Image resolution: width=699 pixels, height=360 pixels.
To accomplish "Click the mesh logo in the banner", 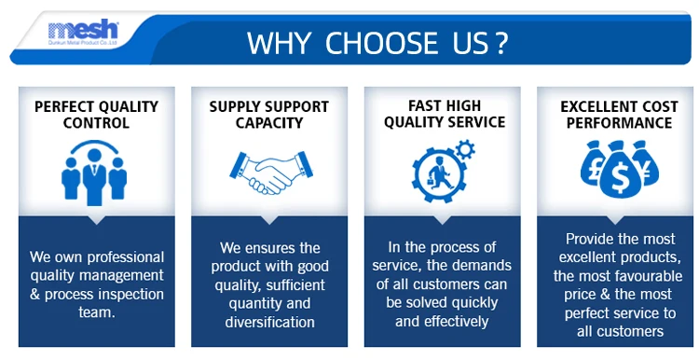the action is pos(83,32).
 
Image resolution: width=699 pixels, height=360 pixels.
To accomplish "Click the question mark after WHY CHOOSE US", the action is pos(501,43).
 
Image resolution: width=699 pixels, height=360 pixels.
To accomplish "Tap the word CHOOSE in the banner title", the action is pos(381,43).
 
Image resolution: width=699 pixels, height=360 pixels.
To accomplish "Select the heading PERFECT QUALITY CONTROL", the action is pos(96,115).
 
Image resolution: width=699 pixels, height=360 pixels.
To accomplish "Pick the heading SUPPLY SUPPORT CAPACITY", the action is pos(268,115).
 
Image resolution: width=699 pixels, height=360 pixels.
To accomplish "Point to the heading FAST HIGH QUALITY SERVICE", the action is pos(445,114).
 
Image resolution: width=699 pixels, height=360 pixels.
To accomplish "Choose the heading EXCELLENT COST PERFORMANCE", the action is pos(619,115).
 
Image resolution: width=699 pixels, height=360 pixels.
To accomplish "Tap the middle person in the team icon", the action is pos(94,177).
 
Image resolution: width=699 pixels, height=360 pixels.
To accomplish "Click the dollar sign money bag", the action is pos(620,171).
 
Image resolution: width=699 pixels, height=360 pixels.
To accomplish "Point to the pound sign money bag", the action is pos(592,164).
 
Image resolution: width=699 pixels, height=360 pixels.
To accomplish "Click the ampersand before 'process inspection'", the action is pos(34,295).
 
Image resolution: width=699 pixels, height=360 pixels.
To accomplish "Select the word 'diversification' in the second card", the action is pos(269,322).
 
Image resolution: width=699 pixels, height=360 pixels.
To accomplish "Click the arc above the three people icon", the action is pos(94,143).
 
